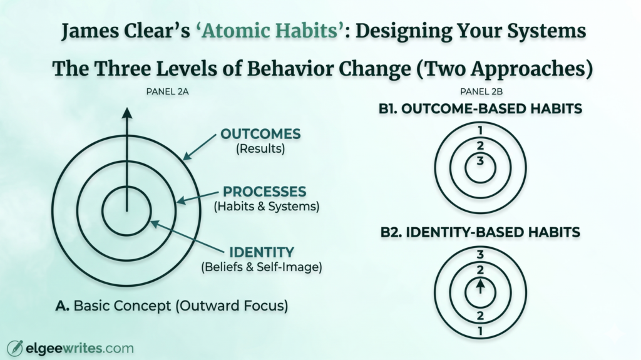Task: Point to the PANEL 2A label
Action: coord(167,91)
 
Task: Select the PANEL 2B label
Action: coord(480,91)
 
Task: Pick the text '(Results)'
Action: coord(260,150)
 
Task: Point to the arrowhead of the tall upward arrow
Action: coord(126,113)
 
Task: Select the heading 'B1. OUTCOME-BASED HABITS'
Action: coord(480,109)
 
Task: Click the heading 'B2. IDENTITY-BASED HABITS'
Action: coord(480,232)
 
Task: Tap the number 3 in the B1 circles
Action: coord(480,162)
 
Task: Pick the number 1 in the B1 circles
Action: coord(480,130)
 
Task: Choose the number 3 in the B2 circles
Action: coord(480,255)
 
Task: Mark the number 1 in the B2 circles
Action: coord(480,331)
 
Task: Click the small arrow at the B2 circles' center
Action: coord(480,286)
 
